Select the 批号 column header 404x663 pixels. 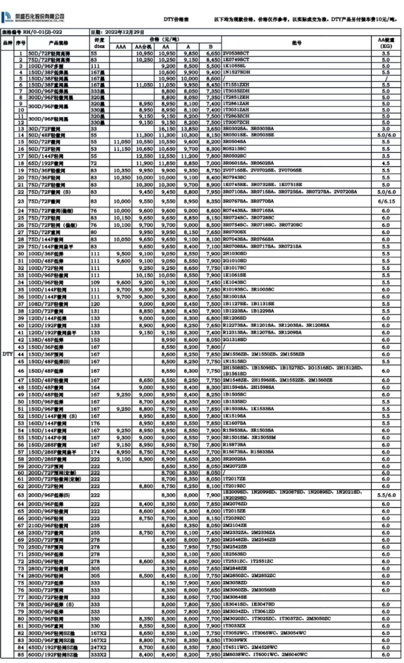coord(296,43)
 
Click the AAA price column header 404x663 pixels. coord(121,47)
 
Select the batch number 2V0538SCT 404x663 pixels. coord(236,54)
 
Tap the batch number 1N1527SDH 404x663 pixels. coord(236,72)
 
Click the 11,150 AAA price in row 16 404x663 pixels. coord(122,149)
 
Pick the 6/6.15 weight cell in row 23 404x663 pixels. coord(386,201)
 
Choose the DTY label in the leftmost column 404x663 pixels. coord(7,354)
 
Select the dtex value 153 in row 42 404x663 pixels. coord(95,340)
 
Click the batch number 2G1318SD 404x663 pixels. coord(235,340)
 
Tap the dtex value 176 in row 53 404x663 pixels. coord(95,423)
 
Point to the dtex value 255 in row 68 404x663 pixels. coord(95,533)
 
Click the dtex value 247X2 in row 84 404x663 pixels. coord(99,647)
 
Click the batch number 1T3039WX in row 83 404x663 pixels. coord(235,640)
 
